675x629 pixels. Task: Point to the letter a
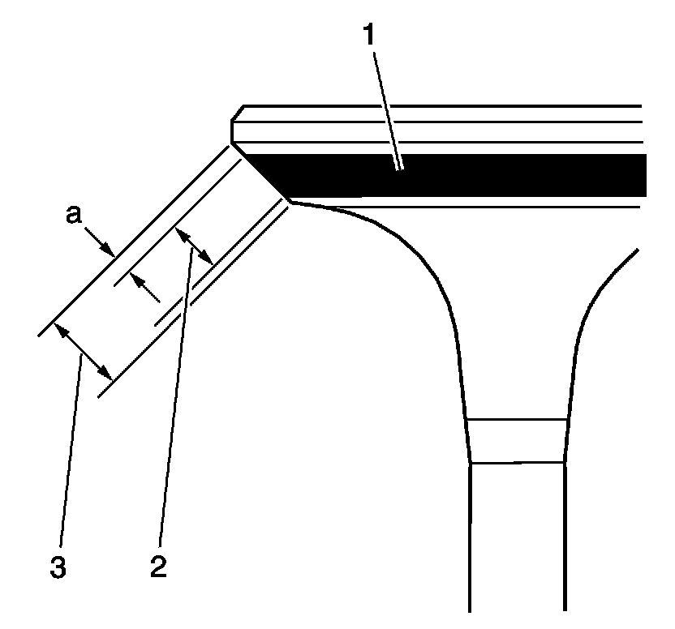(x=75, y=216)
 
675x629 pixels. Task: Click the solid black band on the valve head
(x=487, y=175)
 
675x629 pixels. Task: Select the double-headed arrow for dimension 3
(x=82, y=351)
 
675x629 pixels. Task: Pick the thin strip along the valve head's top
(x=438, y=113)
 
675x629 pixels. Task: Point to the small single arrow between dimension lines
(x=146, y=289)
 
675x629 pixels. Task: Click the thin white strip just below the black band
(x=487, y=202)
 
